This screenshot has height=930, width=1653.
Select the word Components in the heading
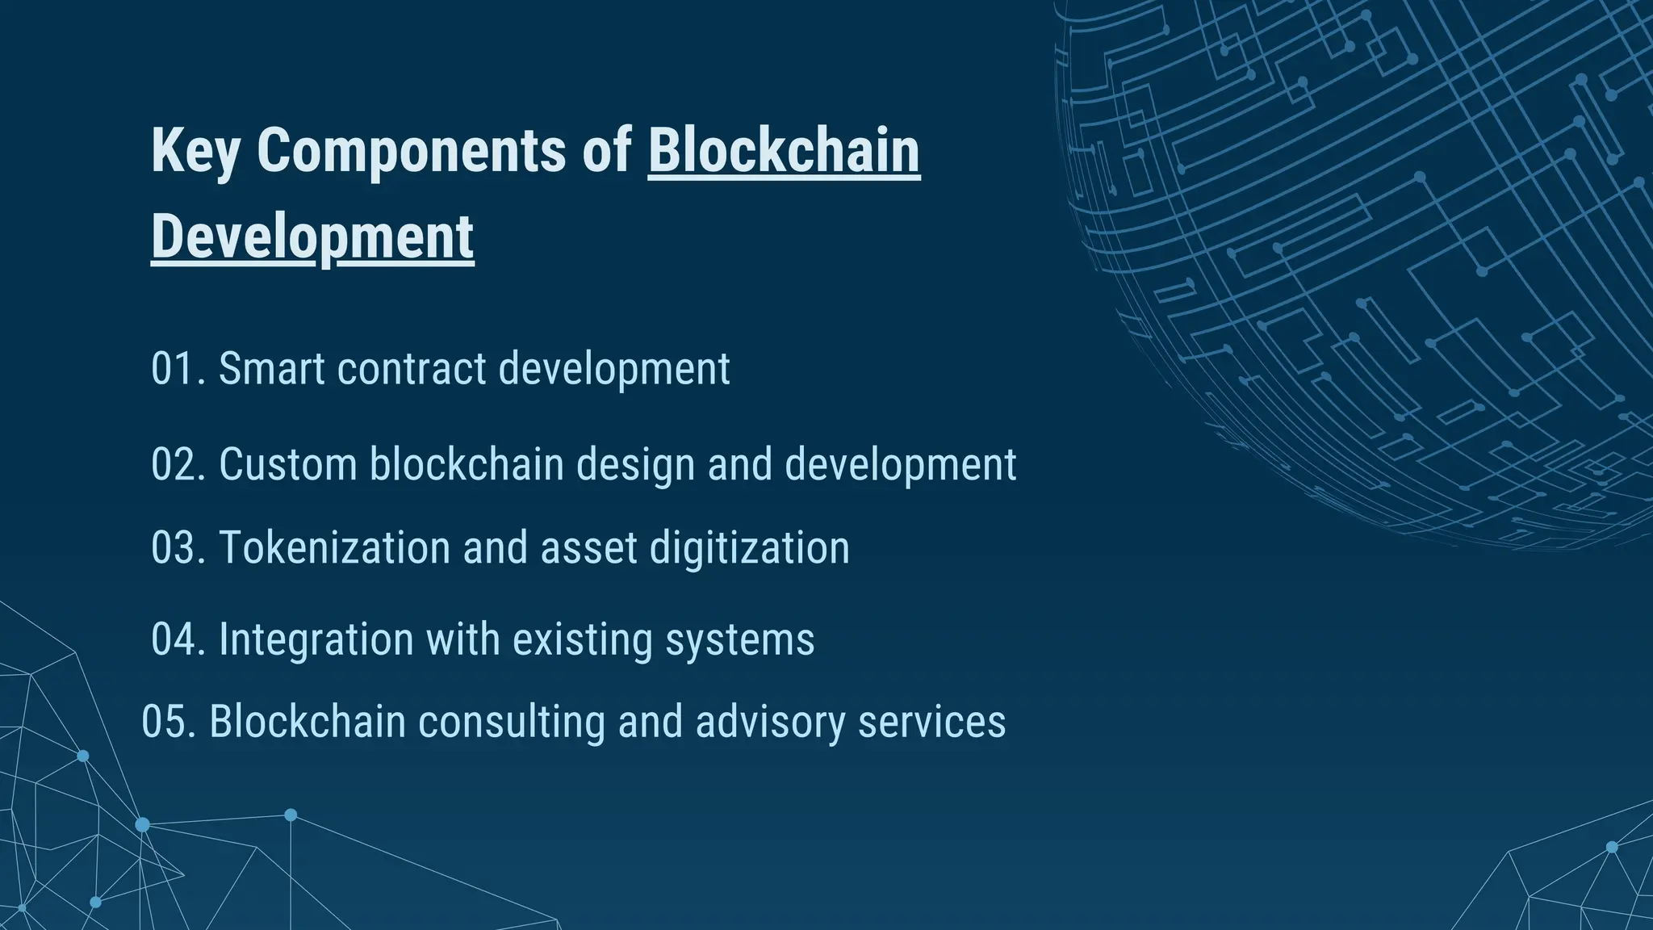pyautogui.click(x=412, y=150)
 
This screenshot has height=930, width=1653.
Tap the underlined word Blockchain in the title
pyautogui.click(x=784, y=150)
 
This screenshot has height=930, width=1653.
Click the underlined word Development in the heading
pyautogui.click(x=312, y=237)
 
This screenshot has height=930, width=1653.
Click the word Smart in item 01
pyautogui.click(x=271, y=369)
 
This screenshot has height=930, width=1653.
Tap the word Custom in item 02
pyautogui.click(x=287, y=465)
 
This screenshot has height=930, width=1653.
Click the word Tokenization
pyautogui.click(x=334, y=548)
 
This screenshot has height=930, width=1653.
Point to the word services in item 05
pyautogui.click(x=931, y=722)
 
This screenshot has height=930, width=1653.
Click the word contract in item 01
pyautogui.click(x=412, y=369)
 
